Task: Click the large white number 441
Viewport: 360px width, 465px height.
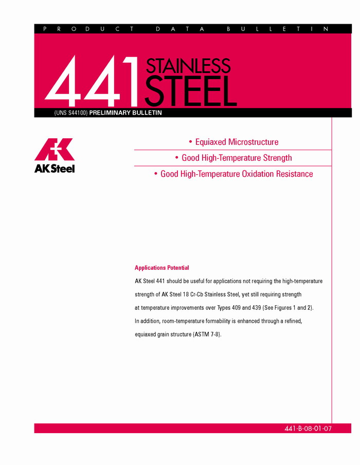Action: pos(93,80)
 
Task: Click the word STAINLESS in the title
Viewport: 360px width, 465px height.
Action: pos(188,66)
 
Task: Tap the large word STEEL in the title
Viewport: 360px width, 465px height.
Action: pos(190,91)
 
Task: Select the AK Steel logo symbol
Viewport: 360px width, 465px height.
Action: pos(54,150)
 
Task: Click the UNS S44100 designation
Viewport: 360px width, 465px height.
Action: pos(70,113)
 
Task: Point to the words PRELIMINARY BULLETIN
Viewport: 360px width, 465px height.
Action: pos(125,113)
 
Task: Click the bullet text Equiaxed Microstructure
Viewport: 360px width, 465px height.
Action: pos(237,142)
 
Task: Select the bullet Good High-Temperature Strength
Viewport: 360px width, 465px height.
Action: pos(237,158)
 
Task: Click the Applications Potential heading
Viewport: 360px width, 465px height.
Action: pos(161,268)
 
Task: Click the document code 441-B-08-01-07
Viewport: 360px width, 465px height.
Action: pos(308,428)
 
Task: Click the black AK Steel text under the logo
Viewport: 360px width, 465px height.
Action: pos(55,168)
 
